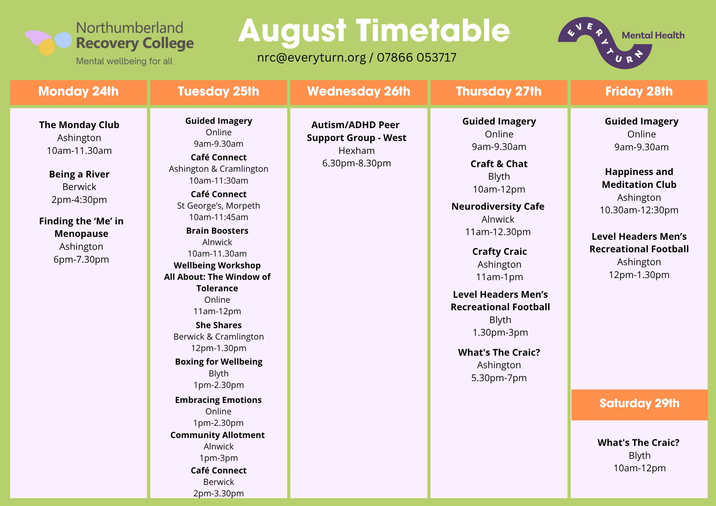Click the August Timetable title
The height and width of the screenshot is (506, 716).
[374, 31]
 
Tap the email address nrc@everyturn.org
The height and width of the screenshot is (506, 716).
[311, 58]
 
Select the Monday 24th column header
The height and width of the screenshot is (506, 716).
[78, 92]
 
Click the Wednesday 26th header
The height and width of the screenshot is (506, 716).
[359, 92]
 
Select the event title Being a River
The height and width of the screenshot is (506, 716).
[79, 174]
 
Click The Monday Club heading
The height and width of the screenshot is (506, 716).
[79, 125]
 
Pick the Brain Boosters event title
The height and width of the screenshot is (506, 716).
[217, 231]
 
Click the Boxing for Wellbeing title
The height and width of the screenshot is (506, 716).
[219, 362]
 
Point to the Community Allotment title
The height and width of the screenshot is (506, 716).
[218, 435]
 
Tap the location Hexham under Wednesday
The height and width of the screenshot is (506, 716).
[357, 151]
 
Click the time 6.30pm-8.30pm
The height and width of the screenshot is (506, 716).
[357, 164]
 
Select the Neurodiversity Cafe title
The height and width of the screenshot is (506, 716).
[498, 206]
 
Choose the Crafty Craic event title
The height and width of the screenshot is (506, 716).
[499, 252]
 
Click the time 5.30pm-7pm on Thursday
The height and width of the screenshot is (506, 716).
[499, 378]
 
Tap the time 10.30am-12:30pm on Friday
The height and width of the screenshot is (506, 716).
[639, 210]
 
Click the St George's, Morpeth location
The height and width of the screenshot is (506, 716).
[219, 206]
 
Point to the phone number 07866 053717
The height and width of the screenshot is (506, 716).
[417, 58]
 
